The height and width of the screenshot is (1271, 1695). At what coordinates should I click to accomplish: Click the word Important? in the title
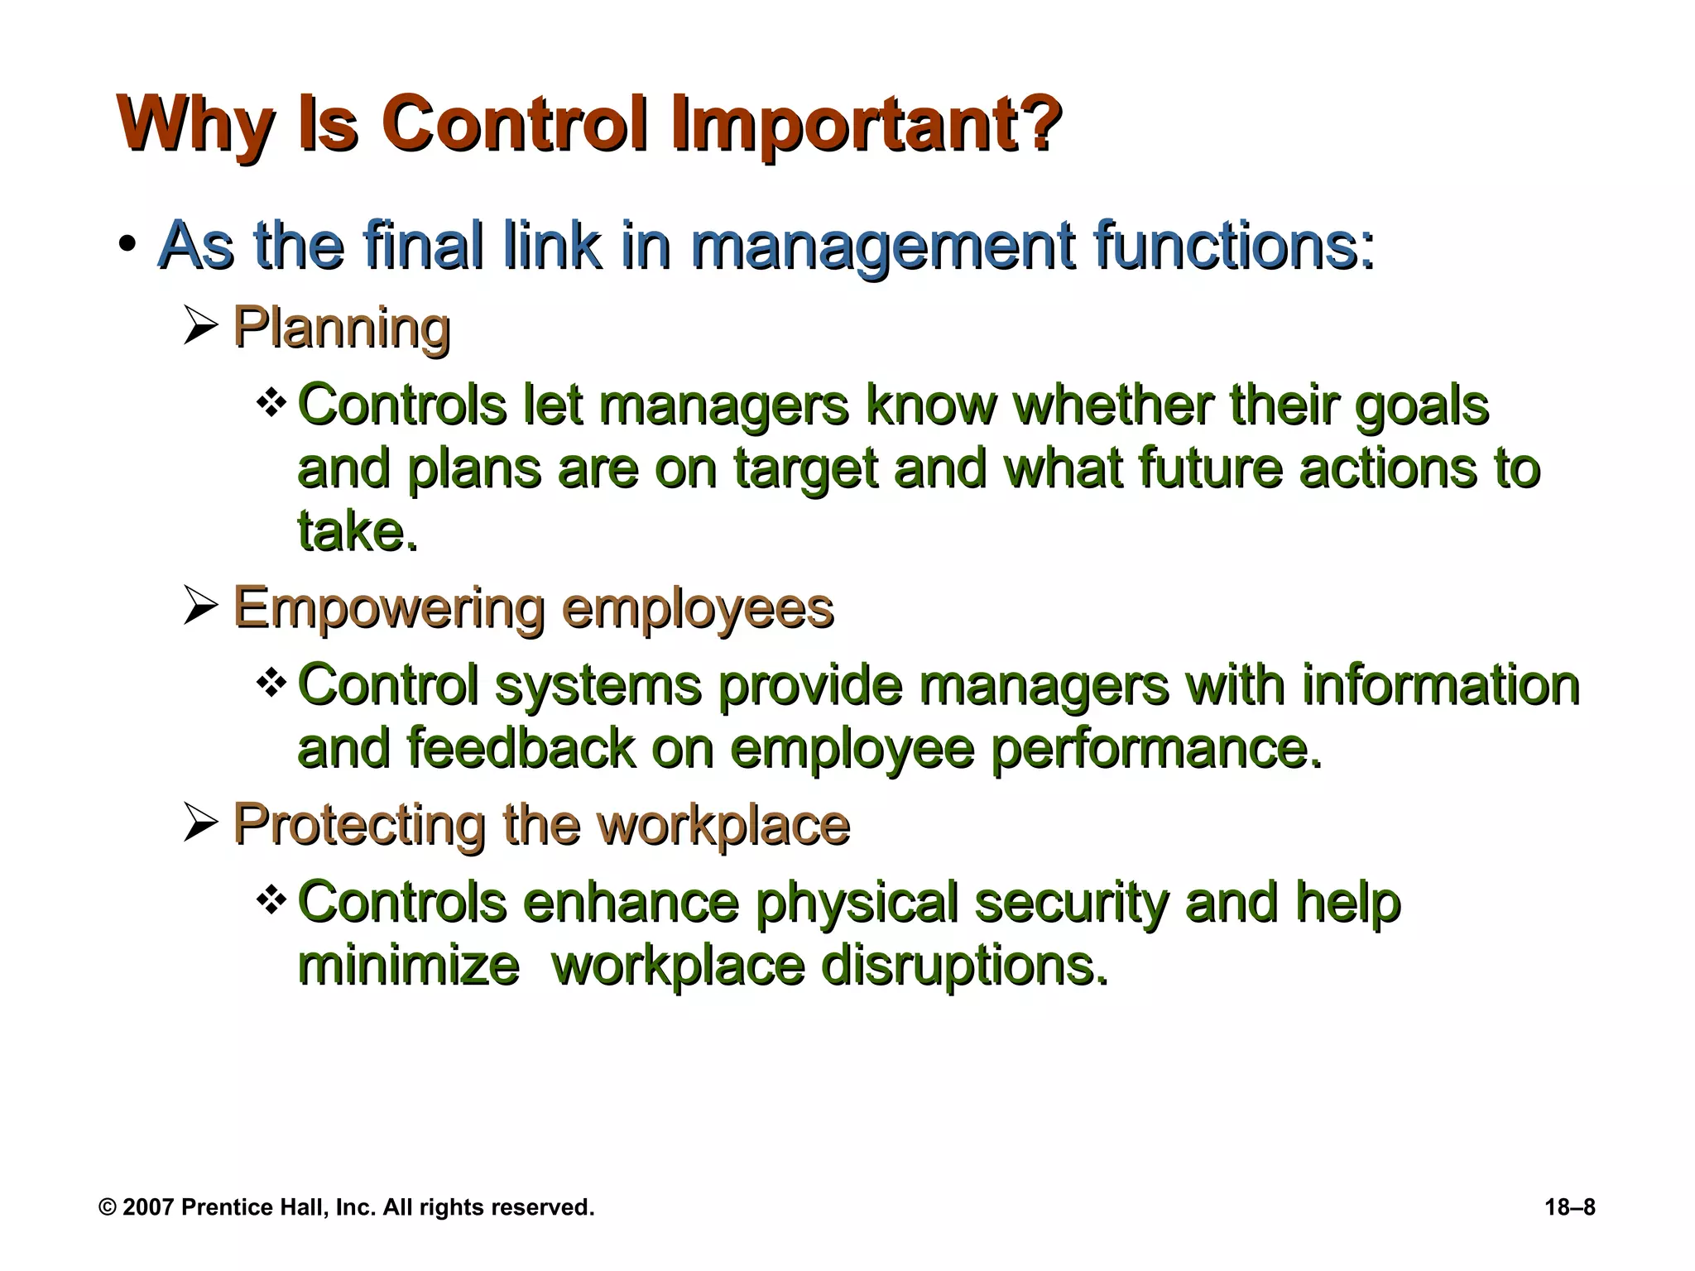[865, 124]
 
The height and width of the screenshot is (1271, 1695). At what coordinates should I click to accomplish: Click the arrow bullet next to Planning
[200, 327]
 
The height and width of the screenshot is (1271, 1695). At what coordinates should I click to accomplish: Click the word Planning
[342, 327]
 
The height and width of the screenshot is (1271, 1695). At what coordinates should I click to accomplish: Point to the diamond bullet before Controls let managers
[271, 404]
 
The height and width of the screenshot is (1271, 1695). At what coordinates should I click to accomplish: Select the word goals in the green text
[1421, 405]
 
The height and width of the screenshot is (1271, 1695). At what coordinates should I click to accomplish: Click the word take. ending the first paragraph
[358, 531]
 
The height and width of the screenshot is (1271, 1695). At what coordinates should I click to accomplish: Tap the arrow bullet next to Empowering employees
[200, 607]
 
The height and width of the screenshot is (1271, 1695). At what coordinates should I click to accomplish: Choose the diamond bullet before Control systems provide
[271, 683]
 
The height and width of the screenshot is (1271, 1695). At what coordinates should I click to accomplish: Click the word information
[1440, 685]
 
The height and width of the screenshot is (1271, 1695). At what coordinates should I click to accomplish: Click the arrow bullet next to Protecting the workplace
[200, 824]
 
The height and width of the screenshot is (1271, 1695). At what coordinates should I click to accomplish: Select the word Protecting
[359, 824]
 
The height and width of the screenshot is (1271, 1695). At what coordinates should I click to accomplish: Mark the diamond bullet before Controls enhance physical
[271, 900]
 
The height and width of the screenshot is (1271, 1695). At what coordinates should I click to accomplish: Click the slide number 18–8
[1569, 1207]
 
